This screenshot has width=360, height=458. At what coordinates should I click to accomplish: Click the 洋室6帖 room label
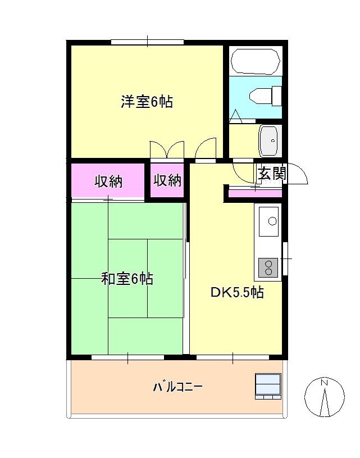(x=147, y=102)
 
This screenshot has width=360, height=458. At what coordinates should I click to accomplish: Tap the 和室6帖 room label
(x=127, y=278)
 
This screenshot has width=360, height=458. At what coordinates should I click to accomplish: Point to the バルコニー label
(x=177, y=387)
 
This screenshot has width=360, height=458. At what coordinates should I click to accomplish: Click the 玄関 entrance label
(x=272, y=174)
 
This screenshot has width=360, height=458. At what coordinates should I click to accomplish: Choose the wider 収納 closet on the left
(x=108, y=181)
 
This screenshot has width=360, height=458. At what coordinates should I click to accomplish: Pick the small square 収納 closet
(x=167, y=180)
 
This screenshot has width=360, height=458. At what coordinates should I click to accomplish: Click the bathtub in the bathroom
(x=256, y=62)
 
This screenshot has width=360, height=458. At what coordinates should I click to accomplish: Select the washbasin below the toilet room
(x=268, y=140)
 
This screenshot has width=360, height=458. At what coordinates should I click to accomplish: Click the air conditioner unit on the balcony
(x=268, y=386)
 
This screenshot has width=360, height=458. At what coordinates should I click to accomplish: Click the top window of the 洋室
(x=147, y=42)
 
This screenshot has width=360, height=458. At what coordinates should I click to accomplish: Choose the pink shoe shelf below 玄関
(x=254, y=193)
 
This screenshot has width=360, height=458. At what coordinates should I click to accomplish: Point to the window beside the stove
(x=285, y=259)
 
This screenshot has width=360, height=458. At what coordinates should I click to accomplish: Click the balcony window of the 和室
(x=127, y=357)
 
